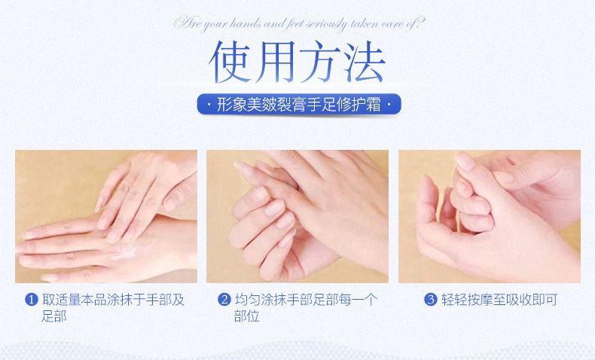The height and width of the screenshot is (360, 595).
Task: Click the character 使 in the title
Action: (x=230, y=62)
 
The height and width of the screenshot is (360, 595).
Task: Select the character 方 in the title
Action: (x=320, y=62)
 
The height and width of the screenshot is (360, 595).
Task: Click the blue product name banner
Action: (x=299, y=105)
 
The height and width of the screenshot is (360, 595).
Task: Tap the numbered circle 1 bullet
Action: (x=32, y=300)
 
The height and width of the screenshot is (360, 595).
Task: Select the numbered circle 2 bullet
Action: (x=224, y=300)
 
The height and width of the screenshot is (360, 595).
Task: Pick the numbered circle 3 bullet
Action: (x=431, y=300)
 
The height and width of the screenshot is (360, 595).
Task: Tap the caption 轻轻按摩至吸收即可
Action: (x=499, y=300)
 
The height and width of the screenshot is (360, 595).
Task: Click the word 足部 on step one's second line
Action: (x=54, y=316)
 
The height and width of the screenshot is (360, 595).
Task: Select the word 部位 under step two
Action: (x=246, y=316)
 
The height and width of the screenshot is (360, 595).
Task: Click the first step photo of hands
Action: (x=106, y=216)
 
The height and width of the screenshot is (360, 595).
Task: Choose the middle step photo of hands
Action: (x=297, y=216)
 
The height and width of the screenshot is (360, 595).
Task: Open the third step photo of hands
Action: (x=490, y=216)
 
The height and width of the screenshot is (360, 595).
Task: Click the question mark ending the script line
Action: (x=420, y=23)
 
